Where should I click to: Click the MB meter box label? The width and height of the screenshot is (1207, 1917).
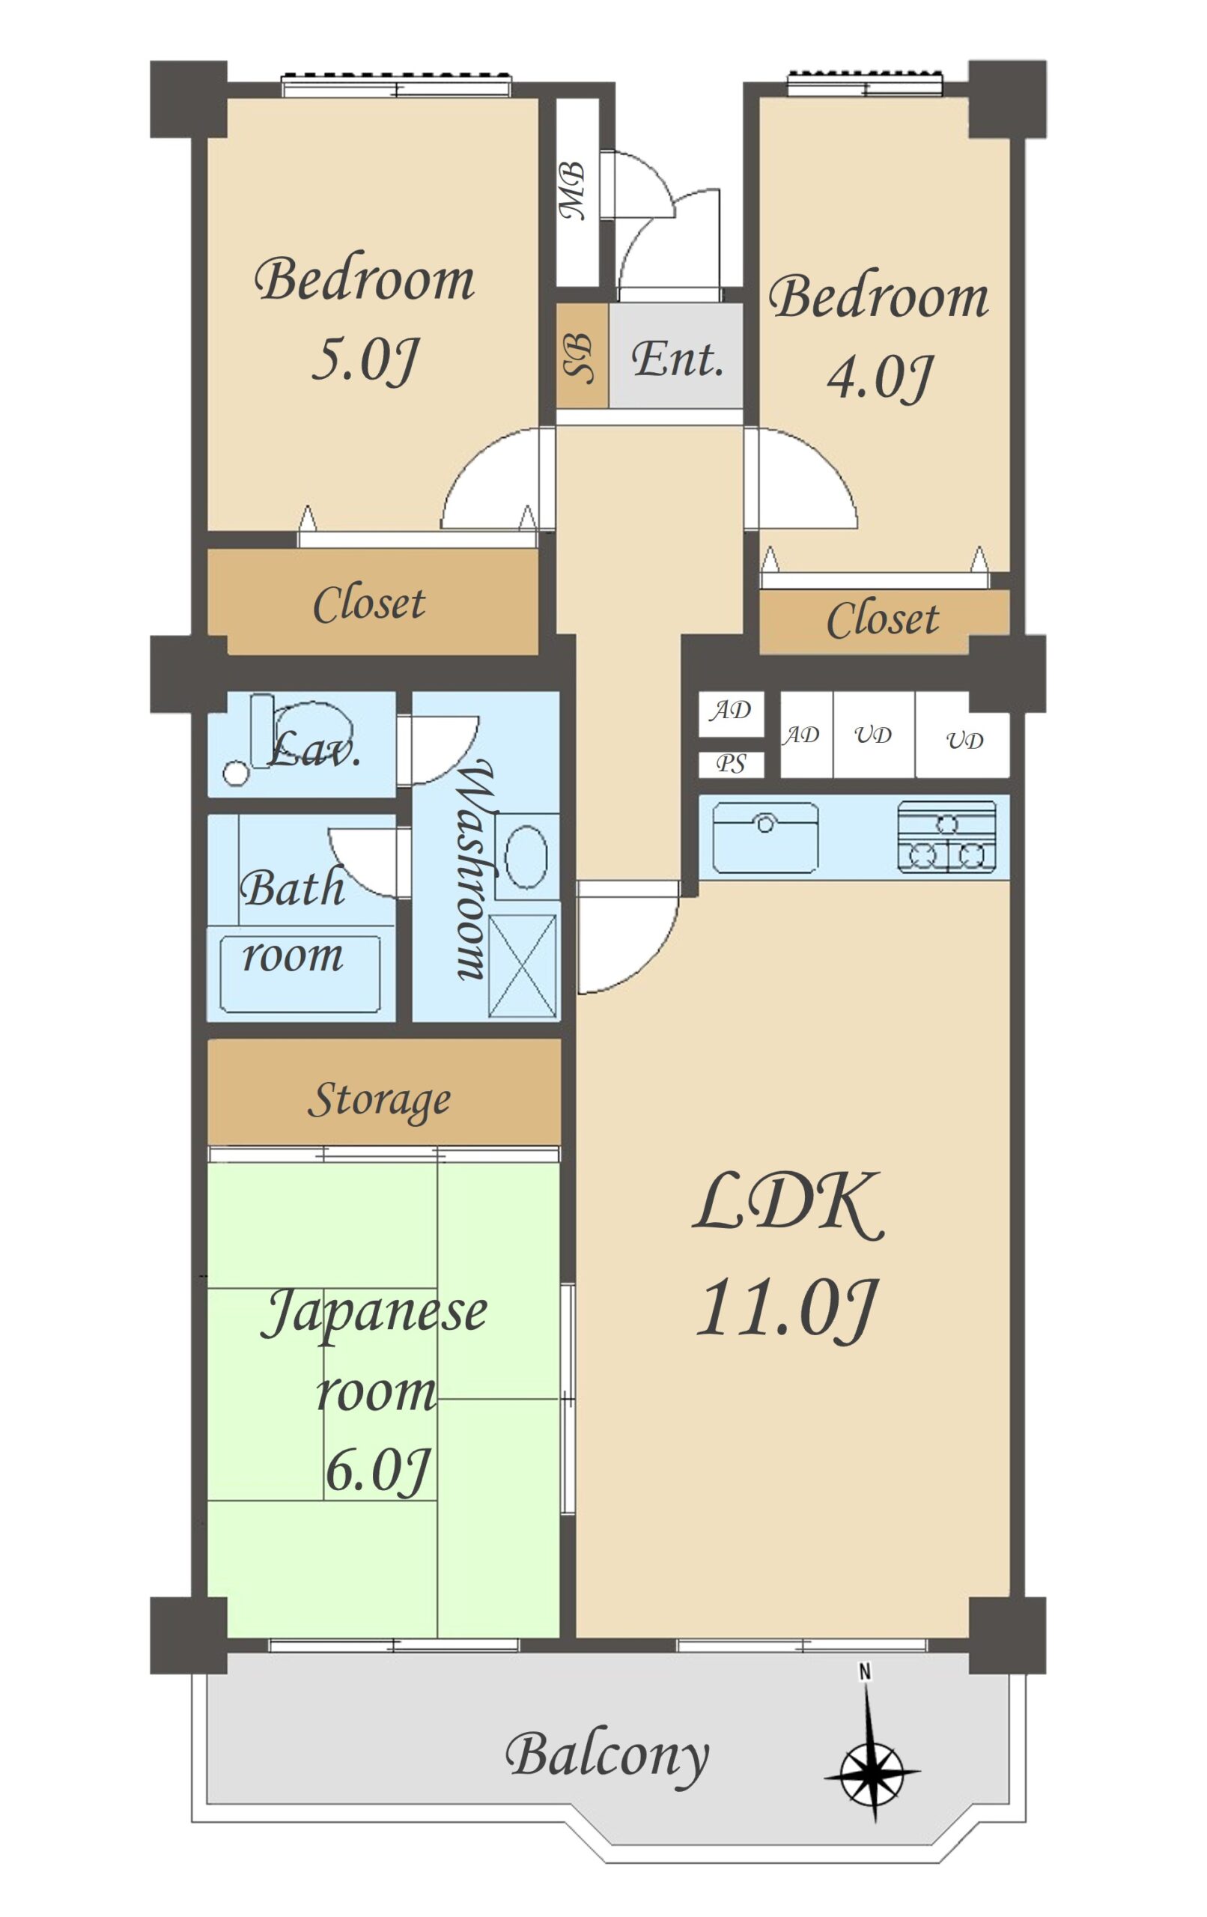[x=573, y=191]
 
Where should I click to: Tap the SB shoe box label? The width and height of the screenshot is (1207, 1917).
[x=579, y=358]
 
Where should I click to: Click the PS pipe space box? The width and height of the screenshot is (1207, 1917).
[x=731, y=765]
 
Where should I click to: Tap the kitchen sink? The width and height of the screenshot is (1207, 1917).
[x=765, y=837]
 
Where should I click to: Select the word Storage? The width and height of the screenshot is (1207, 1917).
[x=379, y=1102]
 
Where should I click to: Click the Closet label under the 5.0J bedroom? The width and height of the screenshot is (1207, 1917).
[x=368, y=604]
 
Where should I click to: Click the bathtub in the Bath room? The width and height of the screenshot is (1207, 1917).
[x=300, y=973]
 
